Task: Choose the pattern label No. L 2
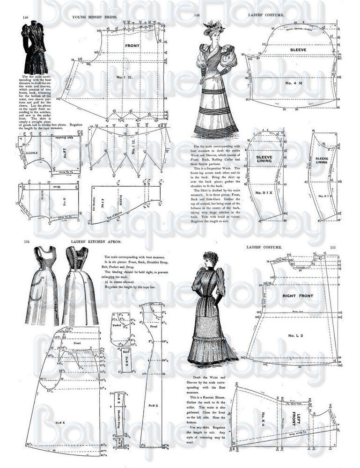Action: tap(298, 336)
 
